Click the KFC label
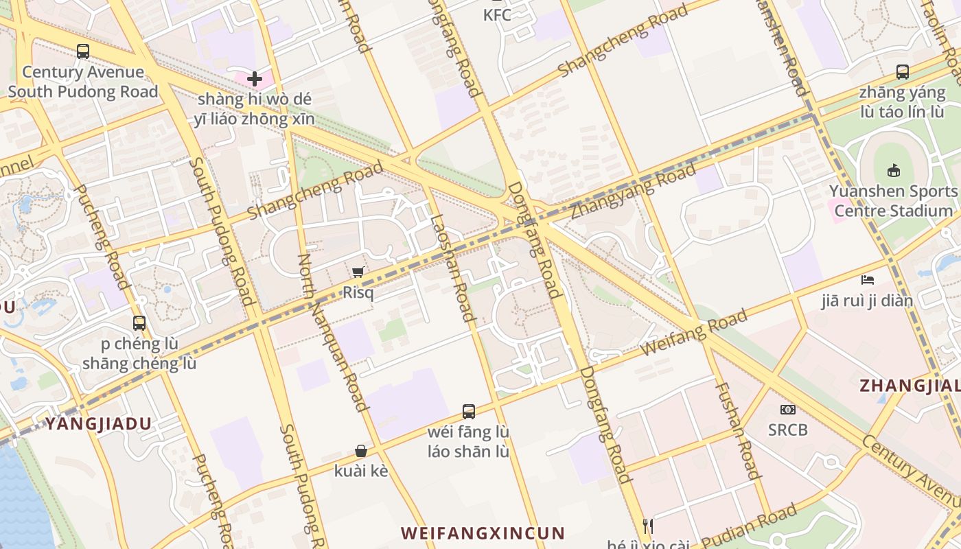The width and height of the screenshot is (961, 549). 497,14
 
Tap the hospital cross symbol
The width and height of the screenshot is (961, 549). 254,79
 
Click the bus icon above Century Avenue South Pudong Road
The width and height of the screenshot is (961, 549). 83,51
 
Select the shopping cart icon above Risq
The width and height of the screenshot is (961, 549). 358,272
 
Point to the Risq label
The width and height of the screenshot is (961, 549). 358,292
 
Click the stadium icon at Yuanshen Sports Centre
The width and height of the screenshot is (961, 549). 893,170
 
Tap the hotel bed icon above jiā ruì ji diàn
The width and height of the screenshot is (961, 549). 868,279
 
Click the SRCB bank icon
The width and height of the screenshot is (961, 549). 787,410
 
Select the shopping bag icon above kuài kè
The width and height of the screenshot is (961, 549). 361,451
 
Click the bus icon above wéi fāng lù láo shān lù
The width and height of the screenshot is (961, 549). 469,412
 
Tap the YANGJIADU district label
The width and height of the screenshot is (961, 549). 98,423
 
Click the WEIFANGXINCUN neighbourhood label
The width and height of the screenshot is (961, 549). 483,533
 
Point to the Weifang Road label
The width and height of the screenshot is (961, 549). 694,333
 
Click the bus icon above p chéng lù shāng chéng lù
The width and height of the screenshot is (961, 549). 139,323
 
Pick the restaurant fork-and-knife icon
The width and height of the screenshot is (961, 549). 647,526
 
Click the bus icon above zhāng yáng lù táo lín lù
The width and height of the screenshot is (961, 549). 903,72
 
